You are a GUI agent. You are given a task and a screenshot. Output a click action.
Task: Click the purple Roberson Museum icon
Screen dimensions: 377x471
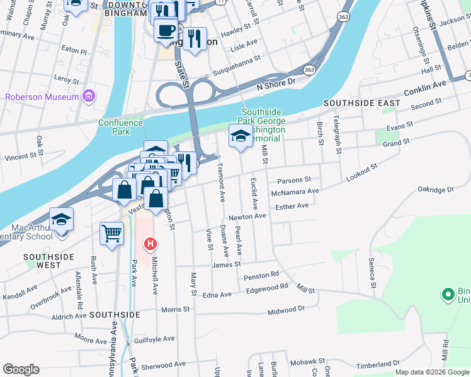coord(88,97)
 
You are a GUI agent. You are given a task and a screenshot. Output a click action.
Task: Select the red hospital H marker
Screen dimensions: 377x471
coord(150,243)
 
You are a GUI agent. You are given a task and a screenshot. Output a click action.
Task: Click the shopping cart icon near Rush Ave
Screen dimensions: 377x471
coord(111,234)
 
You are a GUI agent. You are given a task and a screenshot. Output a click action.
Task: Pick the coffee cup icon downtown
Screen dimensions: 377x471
coord(166,31)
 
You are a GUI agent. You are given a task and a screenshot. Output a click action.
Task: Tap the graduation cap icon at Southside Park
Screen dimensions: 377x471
coord(240,136)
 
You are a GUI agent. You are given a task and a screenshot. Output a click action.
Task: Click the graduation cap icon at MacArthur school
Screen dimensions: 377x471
coord(62,220)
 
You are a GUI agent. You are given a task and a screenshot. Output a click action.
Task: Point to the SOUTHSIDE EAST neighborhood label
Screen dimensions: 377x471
coord(361,102)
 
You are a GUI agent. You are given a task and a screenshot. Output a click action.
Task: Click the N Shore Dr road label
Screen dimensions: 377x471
coord(276,82)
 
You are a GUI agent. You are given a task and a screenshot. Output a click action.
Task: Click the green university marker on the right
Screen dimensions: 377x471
coord(448,293)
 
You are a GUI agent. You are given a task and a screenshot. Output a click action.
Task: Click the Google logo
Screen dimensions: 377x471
coord(21,369)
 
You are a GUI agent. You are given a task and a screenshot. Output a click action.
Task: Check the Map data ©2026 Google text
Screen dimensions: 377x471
coord(431,372)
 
